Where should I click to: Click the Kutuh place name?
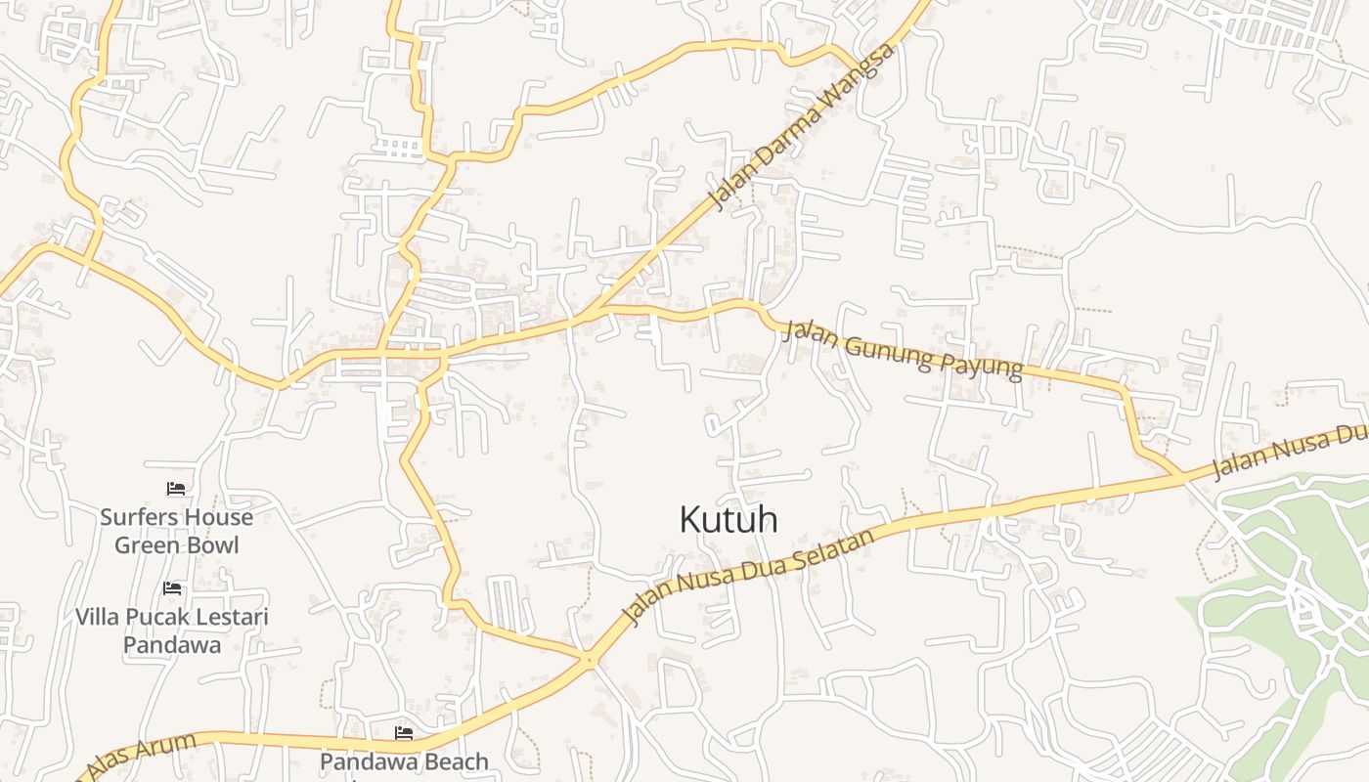[729, 520]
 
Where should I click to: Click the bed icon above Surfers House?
[176, 488]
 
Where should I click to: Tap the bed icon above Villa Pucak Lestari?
[172, 588]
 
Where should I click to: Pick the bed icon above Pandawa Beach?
[403, 733]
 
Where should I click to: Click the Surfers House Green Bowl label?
[176, 531]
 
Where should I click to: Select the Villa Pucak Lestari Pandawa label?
[172, 630]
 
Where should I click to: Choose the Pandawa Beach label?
[403, 761]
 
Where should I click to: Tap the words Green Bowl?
[176, 544]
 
